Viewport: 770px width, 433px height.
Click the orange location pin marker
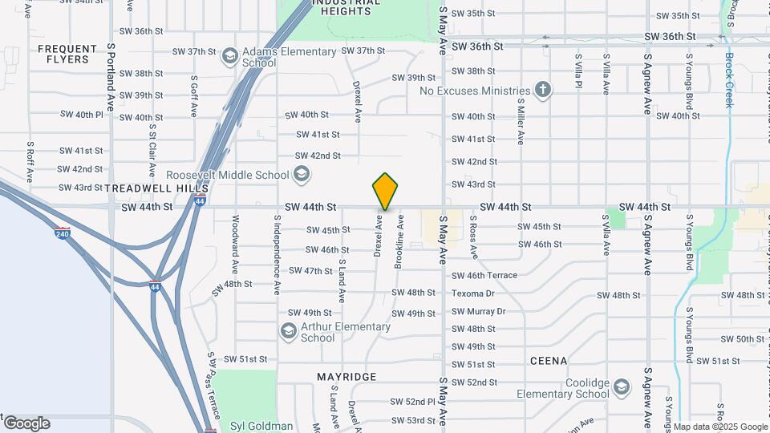click(x=385, y=192)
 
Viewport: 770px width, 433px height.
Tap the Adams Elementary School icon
click(x=230, y=57)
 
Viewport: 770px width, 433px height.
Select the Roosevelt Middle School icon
click(x=302, y=174)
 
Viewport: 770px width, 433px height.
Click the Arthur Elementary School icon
click(x=288, y=330)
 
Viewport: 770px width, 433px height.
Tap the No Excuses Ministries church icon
click(x=543, y=90)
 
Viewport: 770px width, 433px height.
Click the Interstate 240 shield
click(x=63, y=234)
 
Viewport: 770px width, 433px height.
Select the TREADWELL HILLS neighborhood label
click(x=149, y=188)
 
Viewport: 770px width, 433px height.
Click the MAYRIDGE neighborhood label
click(x=346, y=377)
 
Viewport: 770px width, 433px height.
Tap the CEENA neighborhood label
click(x=549, y=362)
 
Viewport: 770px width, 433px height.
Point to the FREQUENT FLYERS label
click(x=63, y=54)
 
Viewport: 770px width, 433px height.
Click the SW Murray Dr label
click(x=479, y=311)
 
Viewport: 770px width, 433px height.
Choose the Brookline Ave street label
click(x=399, y=241)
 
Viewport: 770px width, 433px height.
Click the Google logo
click(x=26, y=423)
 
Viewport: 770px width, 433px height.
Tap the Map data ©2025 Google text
click(x=720, y=427)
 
